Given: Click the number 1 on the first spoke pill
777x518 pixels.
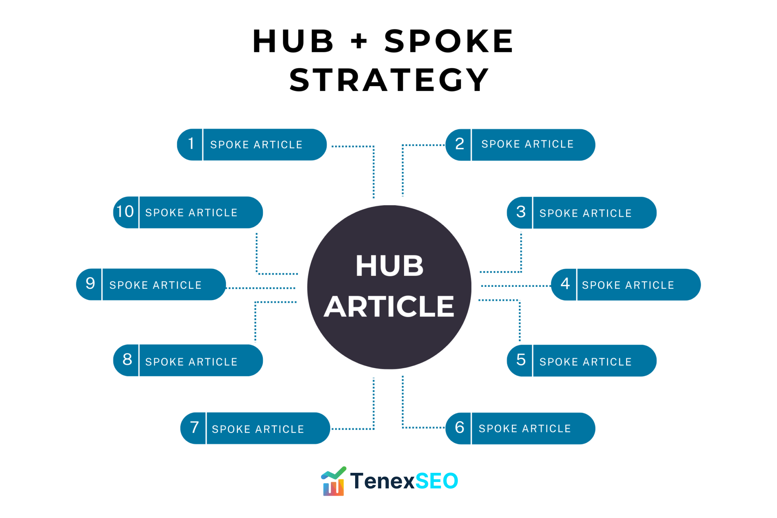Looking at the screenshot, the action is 191,143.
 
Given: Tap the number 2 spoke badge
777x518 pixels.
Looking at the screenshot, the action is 459,144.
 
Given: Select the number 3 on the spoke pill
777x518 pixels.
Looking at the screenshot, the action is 521,212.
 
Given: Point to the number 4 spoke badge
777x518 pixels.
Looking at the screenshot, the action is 565,283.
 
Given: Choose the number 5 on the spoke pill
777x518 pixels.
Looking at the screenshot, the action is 521,359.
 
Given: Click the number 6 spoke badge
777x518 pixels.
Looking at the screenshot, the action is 459,427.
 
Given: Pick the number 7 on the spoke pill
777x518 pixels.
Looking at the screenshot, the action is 194,427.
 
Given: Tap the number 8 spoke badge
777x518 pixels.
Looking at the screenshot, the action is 127,359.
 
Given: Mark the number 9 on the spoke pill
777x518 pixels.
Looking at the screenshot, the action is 90,283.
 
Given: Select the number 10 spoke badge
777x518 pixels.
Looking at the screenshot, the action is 125,211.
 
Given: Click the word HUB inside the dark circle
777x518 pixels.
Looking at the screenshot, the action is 389,266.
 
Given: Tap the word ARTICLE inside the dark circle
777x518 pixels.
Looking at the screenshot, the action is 389,307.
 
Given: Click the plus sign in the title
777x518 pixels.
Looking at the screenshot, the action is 359,41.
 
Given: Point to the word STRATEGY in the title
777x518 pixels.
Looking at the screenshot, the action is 389,80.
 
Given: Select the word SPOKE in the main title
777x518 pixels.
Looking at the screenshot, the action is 449,41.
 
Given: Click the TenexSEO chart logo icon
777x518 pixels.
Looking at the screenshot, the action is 333,481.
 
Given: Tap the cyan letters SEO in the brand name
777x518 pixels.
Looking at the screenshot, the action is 437,481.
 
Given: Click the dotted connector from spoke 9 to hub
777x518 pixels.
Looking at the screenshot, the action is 261,288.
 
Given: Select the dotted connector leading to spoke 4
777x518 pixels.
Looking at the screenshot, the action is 516,286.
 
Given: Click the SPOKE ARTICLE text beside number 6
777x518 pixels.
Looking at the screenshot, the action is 525,428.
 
